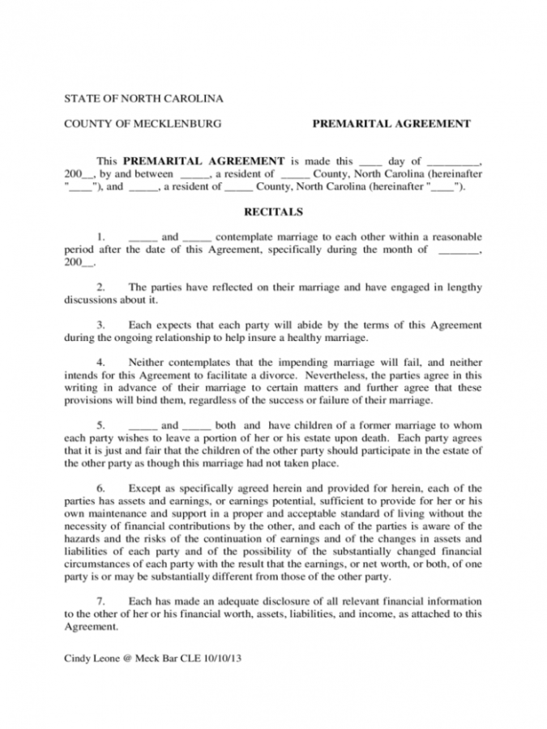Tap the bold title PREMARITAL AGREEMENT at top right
[391, 124]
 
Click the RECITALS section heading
[273, 212]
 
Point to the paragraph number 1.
[101, 237]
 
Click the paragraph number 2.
[101, 288]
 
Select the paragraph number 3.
[101, 325]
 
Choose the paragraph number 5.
[101, 425]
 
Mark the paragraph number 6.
[101, 488]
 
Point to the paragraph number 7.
[101, 602]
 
